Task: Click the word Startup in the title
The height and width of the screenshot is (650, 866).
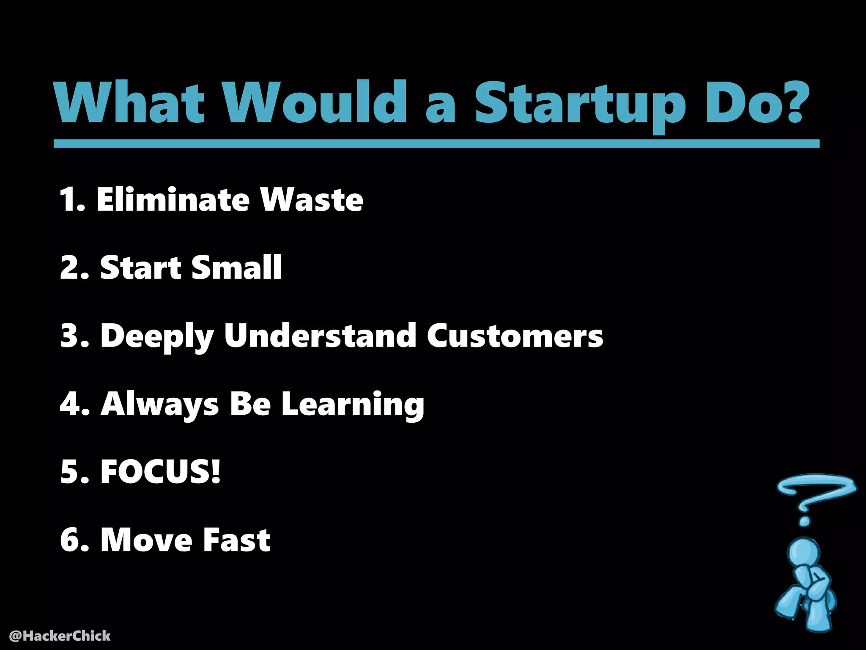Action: [x=579, y=104]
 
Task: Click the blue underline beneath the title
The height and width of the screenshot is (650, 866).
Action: [x=436, y=144]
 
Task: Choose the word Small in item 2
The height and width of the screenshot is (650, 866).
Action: [x=237, y=267]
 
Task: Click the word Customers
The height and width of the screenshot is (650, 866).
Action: [x=515, y=336]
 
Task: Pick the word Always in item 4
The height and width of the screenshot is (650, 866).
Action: [x=160, y=404]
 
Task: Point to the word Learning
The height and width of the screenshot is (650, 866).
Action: [x=353, y=404]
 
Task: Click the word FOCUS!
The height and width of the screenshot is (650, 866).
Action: [x=160, y=472]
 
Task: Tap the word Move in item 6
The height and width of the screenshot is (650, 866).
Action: [x=146, y=540]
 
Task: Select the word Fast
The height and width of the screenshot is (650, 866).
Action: [x=236, y=540]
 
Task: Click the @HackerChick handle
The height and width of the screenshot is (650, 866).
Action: [x=60, y=636]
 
